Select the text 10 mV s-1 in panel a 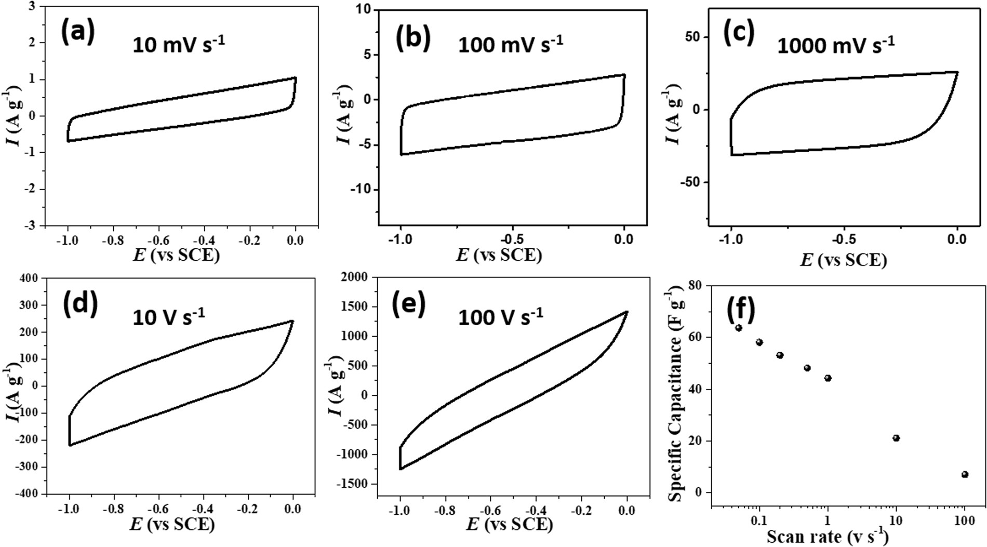tap(179, 44)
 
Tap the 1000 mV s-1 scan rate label tap(836, 45)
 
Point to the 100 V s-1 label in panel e tap(500, 316)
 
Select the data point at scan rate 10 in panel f tap(896, 438)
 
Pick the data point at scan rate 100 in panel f tap(965, 474)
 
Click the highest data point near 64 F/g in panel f tap(739, 328)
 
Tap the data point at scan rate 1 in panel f tap(828, 378)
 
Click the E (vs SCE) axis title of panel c tap(843, 259)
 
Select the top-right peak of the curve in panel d tap(292, 321)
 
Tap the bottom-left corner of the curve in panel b tap(401, 154)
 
